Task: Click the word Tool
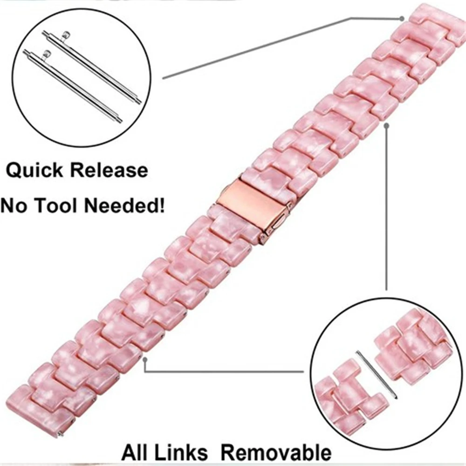point(63,205)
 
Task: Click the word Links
point(185,452)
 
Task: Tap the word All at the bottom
point(135,452)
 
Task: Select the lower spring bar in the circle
point(73,86)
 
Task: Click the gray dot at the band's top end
point(401,19)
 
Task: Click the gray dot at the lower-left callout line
point(146,360)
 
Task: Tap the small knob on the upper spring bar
point(67,34)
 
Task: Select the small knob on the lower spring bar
point(47,54)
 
